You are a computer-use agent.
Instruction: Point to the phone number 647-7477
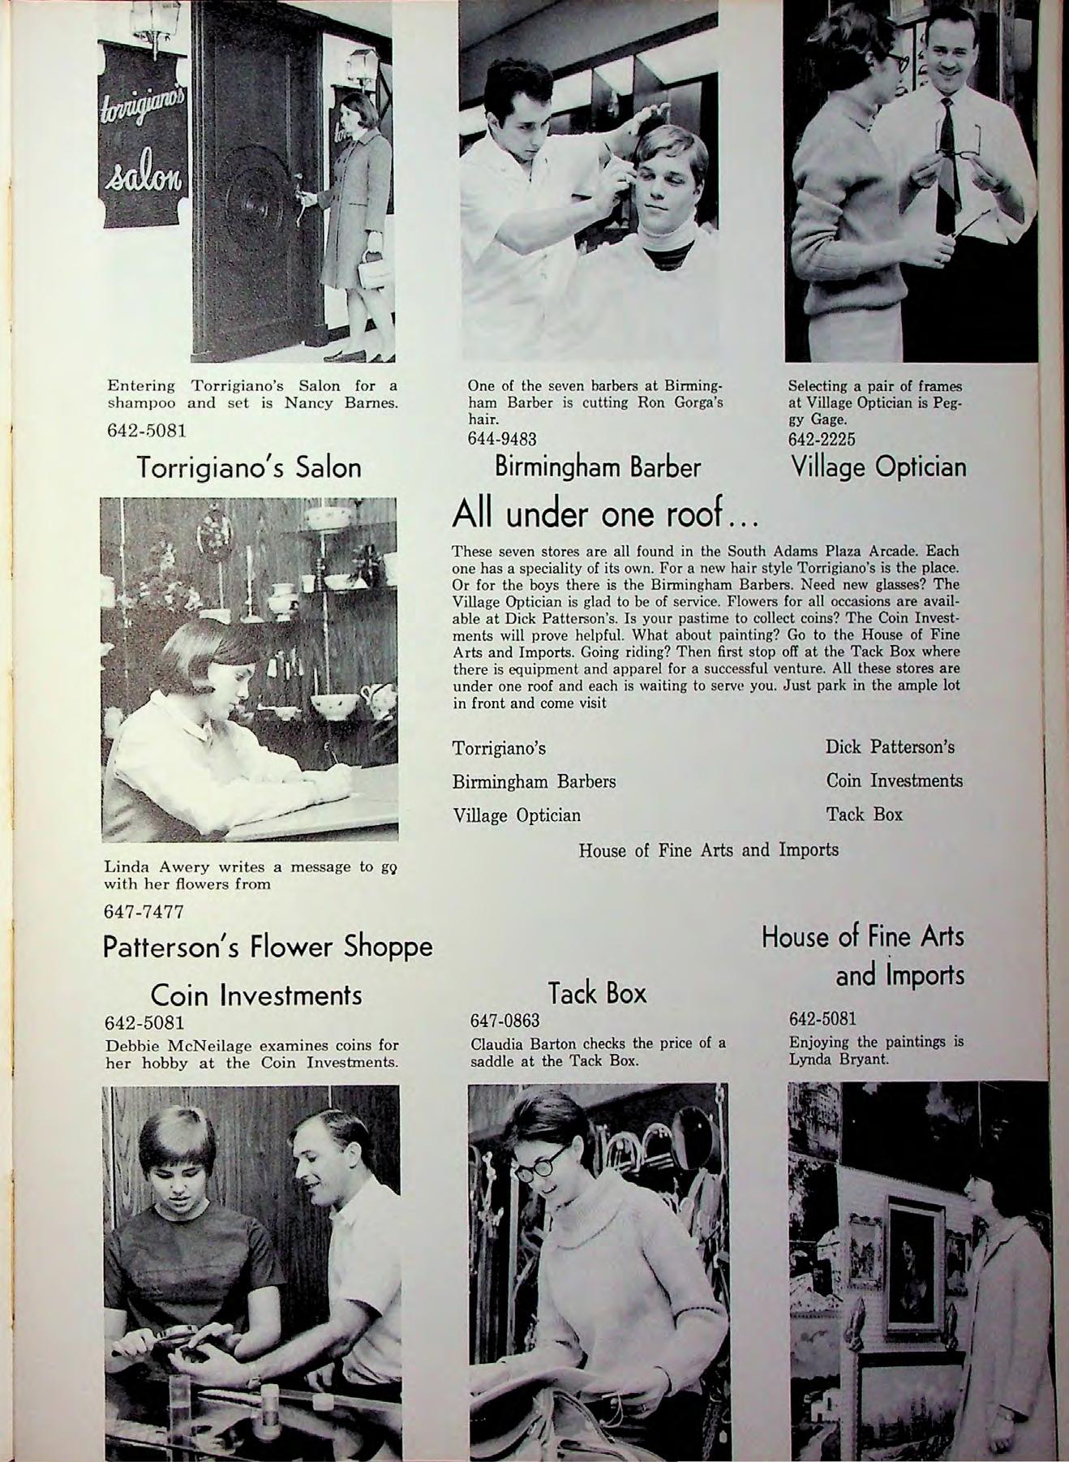coord(144,912)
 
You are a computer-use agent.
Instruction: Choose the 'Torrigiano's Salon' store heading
coord(249,468)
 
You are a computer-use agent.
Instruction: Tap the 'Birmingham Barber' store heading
coord(598,468)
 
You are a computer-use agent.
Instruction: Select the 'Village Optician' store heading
coord(878,468)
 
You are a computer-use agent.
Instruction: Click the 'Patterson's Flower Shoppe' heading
coord(268,947)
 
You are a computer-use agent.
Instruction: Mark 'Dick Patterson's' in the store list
coord(890,746)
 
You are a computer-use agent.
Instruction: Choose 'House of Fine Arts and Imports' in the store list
coord(708,849)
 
